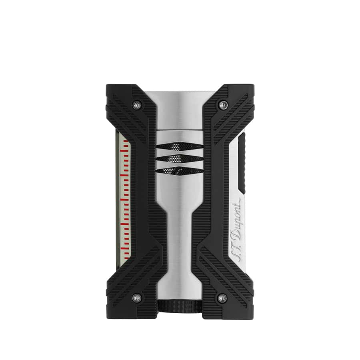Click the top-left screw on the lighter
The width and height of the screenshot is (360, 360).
[x=137, y=105]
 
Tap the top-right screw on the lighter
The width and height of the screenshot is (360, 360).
[x=222, y=105]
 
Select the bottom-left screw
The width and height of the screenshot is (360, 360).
[x=137, y=298]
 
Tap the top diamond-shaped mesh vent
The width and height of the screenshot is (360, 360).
[x=180, y=146]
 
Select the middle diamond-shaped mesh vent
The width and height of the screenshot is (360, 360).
[x=180, y=158]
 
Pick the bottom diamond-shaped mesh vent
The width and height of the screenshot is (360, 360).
[x=180, y=170]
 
